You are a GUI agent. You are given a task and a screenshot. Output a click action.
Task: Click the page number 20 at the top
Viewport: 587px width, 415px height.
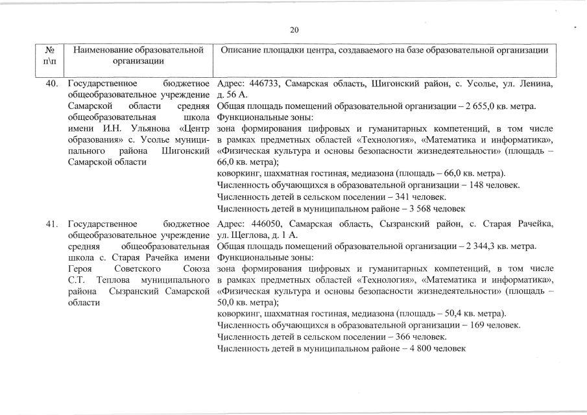pos(293,30)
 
